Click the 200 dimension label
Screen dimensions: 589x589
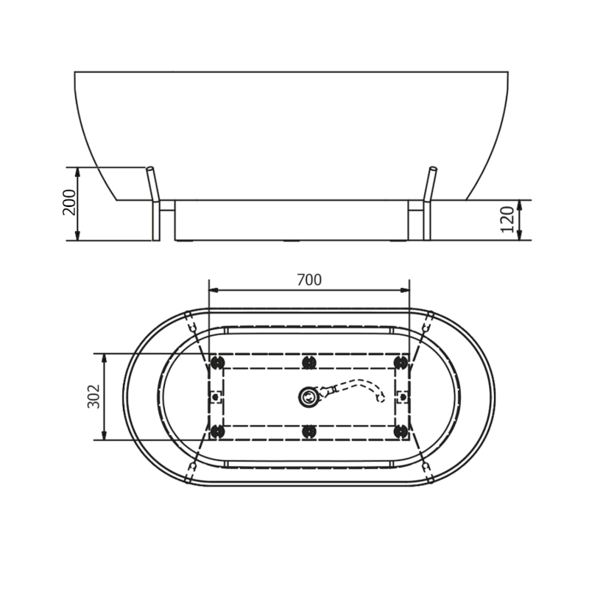click(69, 202)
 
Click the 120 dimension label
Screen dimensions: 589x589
click(507, 219)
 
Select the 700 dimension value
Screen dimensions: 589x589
click(309, 280)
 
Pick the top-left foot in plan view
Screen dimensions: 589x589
click(216, 362)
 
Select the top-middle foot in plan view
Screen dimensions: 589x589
click(309, 362)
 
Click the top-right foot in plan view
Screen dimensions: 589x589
click(401, 362)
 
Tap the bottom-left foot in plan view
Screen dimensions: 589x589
click(216, 431)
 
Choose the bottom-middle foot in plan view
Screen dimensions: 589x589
click(309, 431)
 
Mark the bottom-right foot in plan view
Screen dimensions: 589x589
click(401, 431)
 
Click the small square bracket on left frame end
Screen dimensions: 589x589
click(216, 397)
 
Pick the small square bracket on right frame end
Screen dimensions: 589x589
click(402, 397)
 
